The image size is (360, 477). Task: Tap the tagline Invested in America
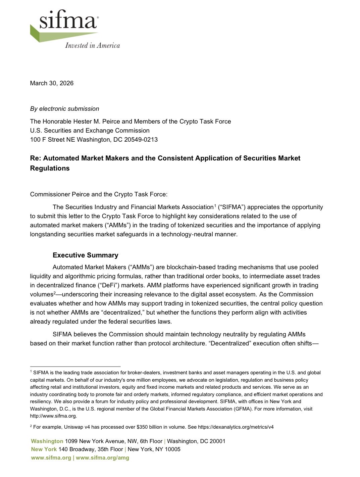[x=92, y=45]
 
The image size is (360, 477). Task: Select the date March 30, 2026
[x=52, y=83]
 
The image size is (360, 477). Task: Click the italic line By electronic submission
[x=64, y=109]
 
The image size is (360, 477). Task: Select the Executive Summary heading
[x=85, y=255]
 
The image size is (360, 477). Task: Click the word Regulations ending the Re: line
[x=50, y=168]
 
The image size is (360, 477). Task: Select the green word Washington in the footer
[x=47, y=441]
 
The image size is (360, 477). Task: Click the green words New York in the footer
[x=44, y=449]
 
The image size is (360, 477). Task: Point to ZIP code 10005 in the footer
[x=171, y=449]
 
